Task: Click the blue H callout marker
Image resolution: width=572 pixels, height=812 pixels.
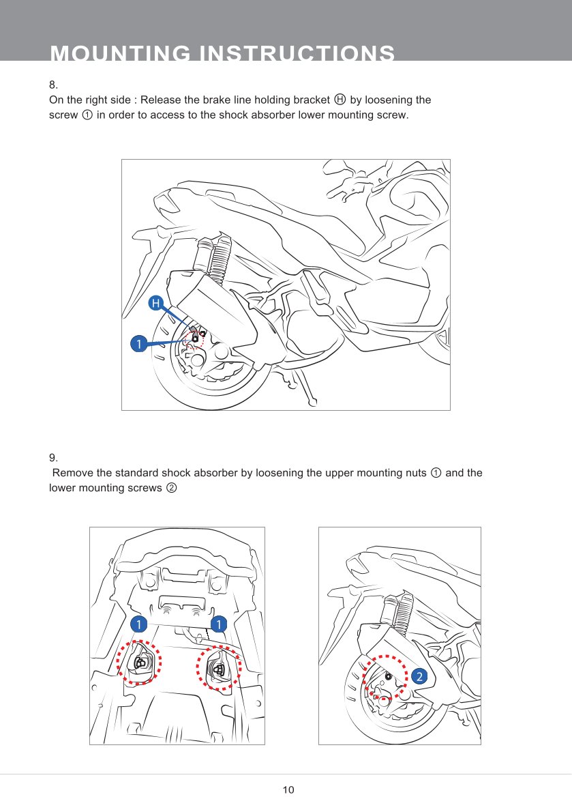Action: coord(156,303)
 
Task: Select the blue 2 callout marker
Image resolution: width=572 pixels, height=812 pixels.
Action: coord(419,676)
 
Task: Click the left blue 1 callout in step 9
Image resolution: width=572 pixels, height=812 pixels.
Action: coord(138,624)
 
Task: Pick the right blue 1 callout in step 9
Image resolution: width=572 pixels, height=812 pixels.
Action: coord(218,624)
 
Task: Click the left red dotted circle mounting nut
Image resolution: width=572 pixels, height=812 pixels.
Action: coord(139,663)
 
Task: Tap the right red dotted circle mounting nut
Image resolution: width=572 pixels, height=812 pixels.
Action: coord(219,669)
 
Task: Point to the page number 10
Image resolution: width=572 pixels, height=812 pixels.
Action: coord(288,790)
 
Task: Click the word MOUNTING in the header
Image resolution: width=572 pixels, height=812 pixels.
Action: coord(119,55)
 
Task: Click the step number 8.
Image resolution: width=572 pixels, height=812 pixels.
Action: coord(52,85)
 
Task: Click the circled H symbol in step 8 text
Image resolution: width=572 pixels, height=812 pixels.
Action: coord(340,100)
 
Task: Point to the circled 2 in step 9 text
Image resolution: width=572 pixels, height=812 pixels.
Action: coord(172,488)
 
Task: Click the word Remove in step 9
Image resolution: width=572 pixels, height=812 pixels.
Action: coord(73,473)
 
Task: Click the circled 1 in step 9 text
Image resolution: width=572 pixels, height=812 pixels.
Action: coord(436,473)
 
